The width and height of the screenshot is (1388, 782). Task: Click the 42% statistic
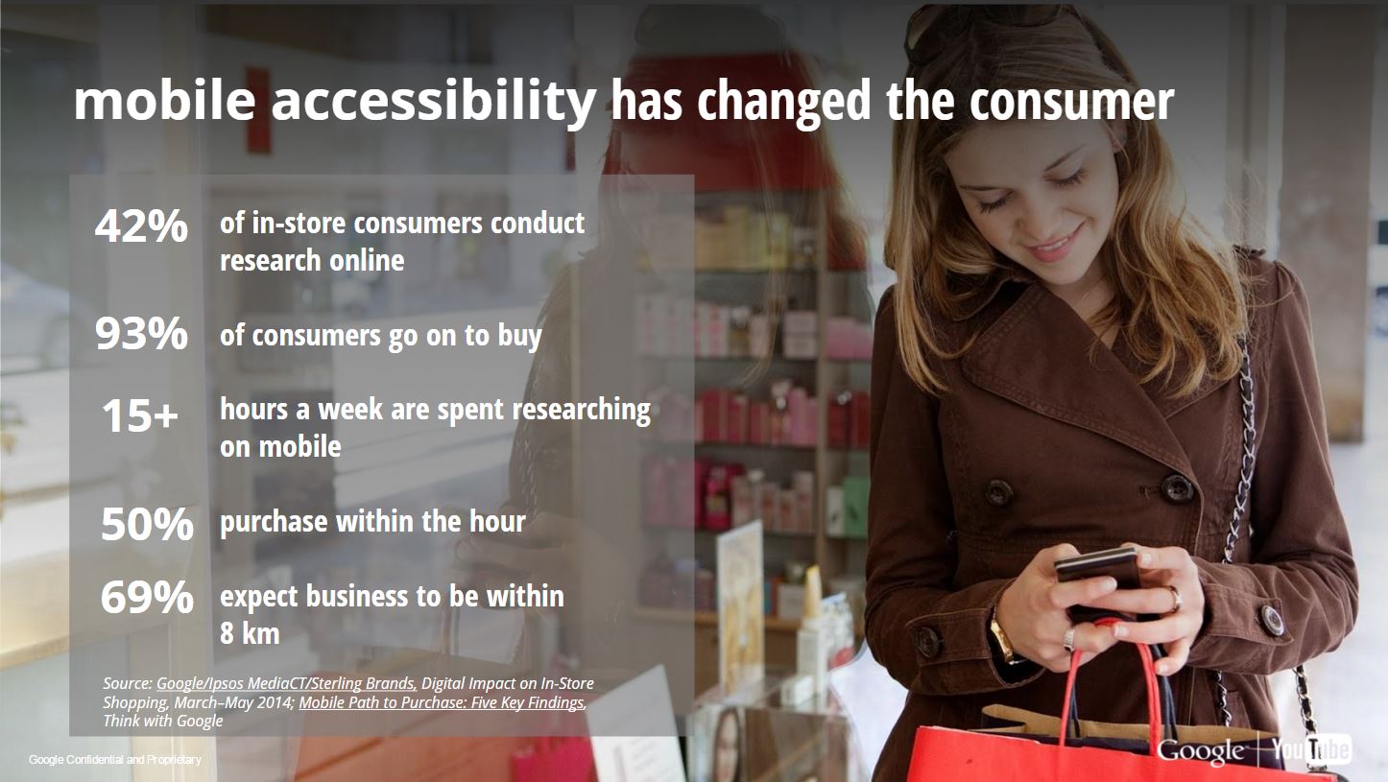[x=141, y=225]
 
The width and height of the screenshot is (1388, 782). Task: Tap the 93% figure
[x=141, y=334]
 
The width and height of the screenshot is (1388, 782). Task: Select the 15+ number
[x=140, y=415]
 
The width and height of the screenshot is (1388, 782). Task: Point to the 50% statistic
[x=147, y=525]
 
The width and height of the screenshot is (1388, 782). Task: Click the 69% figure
[x=147, y=598]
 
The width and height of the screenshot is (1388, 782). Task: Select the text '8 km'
[x=250, y=633]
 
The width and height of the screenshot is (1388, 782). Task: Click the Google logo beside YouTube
[x=1200, y=751]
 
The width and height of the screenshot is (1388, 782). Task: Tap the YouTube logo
[x=1312, y=749]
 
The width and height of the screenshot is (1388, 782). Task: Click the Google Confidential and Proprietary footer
[x=114, y=760]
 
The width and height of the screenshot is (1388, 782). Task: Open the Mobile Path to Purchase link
[x=442, y=702]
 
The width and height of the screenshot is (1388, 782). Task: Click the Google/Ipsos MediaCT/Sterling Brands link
[x=286, y=683]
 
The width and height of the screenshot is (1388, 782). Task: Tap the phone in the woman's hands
[x=1097, y=570]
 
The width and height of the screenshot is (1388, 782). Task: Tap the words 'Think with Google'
[x=163, y=722]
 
